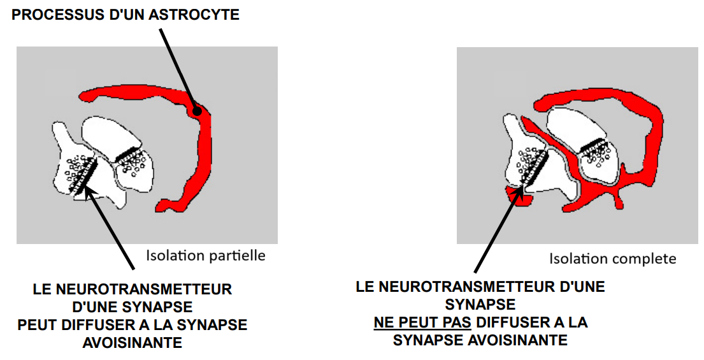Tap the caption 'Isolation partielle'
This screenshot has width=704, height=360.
(205, 256)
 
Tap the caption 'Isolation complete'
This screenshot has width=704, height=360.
(612, 259)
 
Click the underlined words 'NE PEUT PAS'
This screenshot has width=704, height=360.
(422, 322)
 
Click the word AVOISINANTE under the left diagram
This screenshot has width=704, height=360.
(132, 343)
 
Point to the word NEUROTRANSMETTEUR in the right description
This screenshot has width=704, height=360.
(475, 287)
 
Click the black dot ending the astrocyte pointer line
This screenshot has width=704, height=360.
(197, 112)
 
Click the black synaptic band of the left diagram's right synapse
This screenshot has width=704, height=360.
(127, 152)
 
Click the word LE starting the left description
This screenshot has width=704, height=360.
(41, 289)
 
